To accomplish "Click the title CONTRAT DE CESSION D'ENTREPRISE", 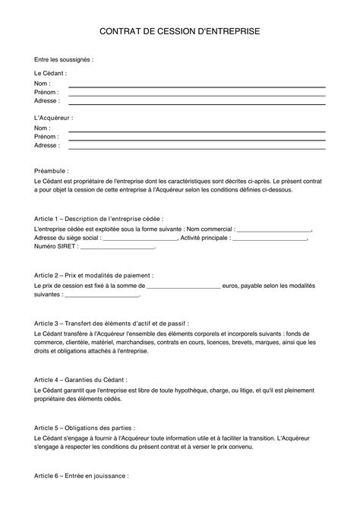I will tap(179, 33).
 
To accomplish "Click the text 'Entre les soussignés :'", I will tap(65, 59).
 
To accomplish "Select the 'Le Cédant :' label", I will tap(50, 73).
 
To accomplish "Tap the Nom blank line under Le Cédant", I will tap(197, 87).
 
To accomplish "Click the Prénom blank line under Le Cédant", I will tap(197, 95).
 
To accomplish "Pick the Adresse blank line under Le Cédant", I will tap(197, 103).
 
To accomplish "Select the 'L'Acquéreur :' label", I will tap(53, 119).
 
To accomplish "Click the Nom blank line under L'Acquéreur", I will tap(197, 132).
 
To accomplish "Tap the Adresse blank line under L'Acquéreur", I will tap(197, 148).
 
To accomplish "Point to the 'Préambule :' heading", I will tap(52, 172).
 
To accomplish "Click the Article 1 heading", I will tap(99, 217).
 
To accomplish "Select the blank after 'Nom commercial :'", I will tap(274, 228).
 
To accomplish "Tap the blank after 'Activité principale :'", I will tap(270, 237).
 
